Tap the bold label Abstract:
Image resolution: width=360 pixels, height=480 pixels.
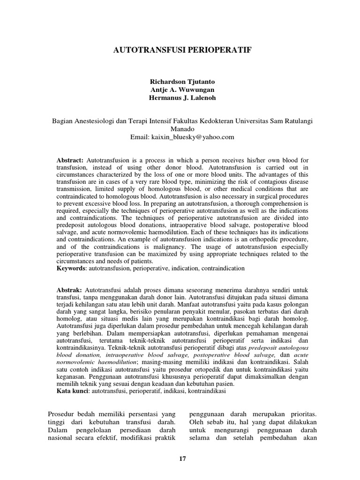point(70,160)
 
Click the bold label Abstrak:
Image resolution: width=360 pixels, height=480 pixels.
point(69,291)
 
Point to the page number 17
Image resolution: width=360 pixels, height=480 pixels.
point(182,458)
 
